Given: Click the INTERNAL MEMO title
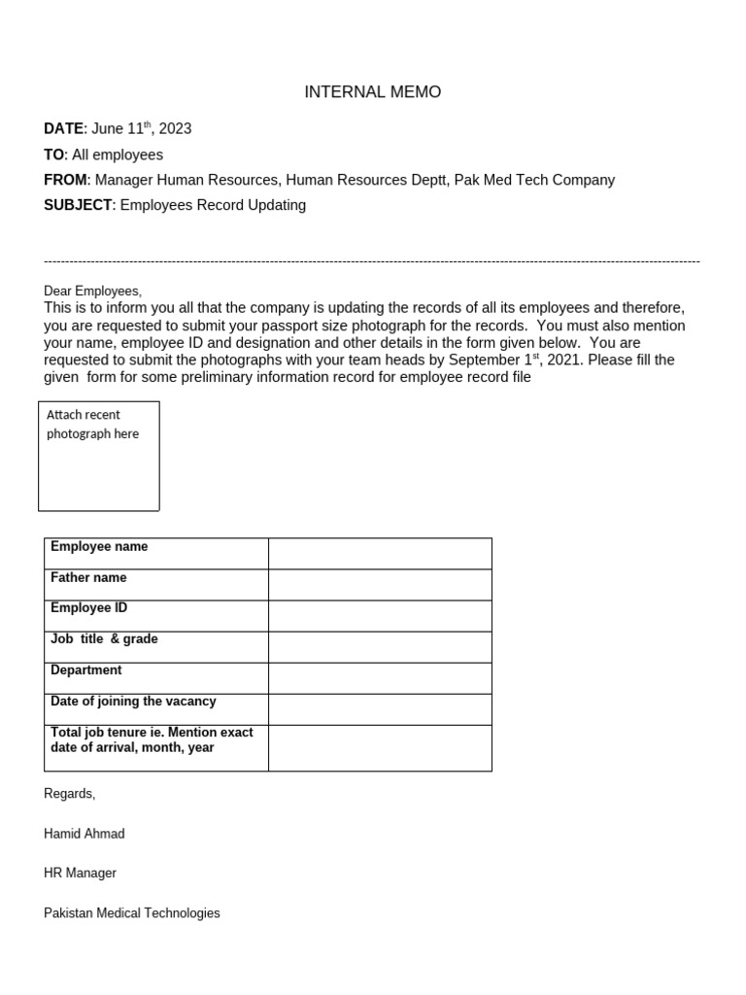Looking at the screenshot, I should click(x=372, y=92).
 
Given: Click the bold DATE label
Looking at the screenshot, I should click(x=64, y=128).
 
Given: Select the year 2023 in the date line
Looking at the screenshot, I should click(x=175, y=128).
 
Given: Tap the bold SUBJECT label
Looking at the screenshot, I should click(x=78, y=205).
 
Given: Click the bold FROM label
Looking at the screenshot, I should click(x=65, y=180).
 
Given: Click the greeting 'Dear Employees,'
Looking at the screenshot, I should click(x=92, y=291).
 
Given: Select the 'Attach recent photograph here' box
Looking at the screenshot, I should click(x=98, y=456).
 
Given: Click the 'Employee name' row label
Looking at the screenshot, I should click(x=99, y=547).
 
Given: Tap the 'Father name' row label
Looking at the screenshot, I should click(x=88, y=578).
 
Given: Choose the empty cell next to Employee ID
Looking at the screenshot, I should click(x=380, y=616).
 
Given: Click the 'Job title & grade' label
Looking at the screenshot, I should click(x=104, y=639).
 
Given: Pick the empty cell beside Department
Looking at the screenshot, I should click(x=380, y=678).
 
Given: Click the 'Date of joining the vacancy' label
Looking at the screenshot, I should click(x=133, y=702).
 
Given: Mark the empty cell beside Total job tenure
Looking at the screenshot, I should click(x=380, y=747).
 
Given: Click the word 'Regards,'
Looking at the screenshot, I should click(x=70, y=794).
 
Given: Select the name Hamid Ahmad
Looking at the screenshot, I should click(x=85, y=834).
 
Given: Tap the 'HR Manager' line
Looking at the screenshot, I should click(x=80, y=873).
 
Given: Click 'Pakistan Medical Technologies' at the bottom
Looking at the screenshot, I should click(x=132, y=913).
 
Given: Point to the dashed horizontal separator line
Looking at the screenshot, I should click(x=372, y=261).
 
